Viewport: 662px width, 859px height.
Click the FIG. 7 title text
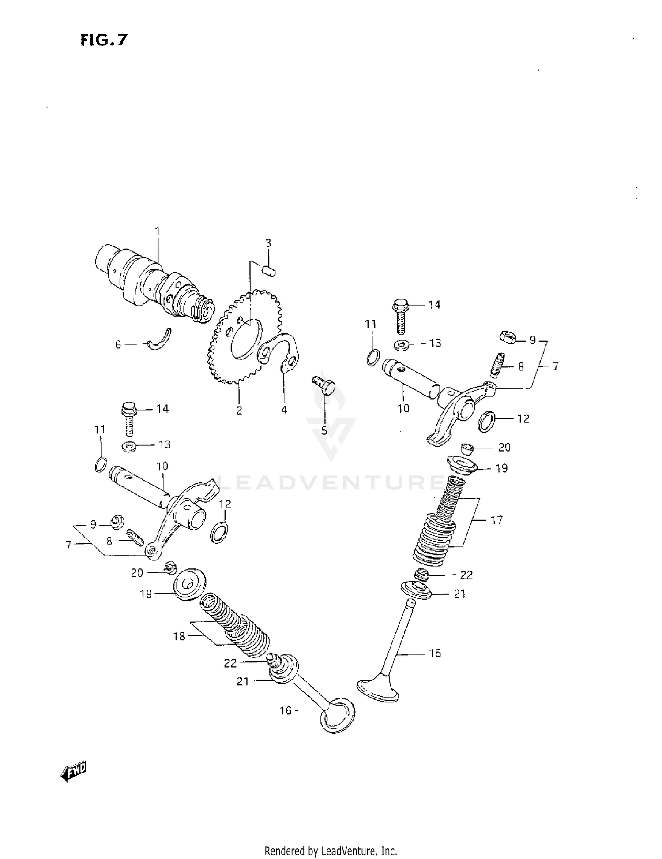pyautogui.click(x=104, y=41)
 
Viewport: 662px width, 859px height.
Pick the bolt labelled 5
pyautogui.click(x=325, y=385)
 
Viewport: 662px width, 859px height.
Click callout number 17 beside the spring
pyautogui.click(x=496, y=520)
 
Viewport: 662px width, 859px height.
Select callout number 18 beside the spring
pyautogui.click(x=179, y=636)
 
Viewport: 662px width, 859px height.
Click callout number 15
pyautogui.click(x=435, y=653)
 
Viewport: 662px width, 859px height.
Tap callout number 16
pyautogui.click(x=286, y=710)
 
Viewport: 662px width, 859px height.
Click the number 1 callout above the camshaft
pyautogui.click(x=157, y=232)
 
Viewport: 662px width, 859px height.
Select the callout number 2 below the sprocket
pyautogui.click(x=239, y=411)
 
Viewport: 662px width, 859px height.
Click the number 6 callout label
pyautogui.click(x=118, y=344)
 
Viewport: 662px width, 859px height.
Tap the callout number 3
pyautogui.click(x=268, y=243)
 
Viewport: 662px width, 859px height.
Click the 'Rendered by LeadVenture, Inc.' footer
pyautogui.click(x=331, y=851)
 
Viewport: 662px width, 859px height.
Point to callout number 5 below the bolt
pyautogui.click(x=324, y=430)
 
